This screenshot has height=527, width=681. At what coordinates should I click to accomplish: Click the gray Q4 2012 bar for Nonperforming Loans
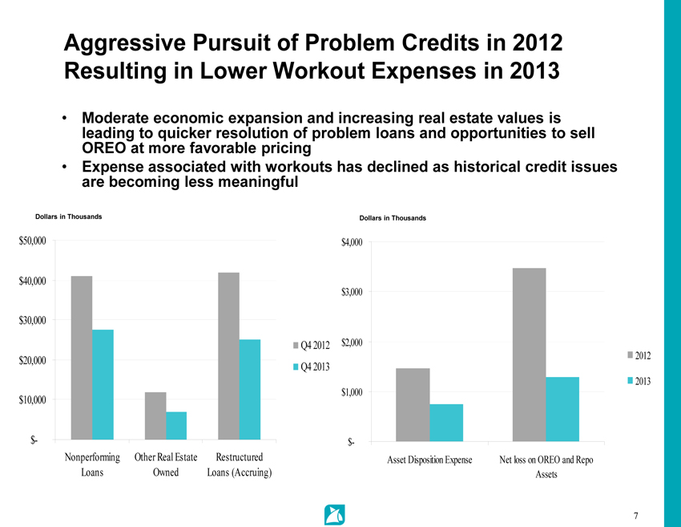pyautogui.click(x=82, y=358)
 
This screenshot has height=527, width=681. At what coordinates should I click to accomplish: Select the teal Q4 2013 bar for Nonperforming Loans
pyautogui.click(x=103, y=385)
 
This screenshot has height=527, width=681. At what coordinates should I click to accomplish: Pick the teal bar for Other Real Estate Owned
pyautogui.click(x=176, y=426)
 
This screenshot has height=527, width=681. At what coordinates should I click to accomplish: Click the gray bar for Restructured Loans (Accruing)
pyautogui.click(x=228, y=356)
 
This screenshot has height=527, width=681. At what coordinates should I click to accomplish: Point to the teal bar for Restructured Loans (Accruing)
pyautogui.click(x=249, y=390)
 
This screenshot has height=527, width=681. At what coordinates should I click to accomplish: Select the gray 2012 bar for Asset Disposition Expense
pyautogui.click(x=413, y=405)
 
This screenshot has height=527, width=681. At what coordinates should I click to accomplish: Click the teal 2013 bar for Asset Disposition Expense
pyautogui.click(x=446, y=423)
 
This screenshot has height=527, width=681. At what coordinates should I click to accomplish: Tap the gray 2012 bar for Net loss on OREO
pyautogui.click(x=529, y=355)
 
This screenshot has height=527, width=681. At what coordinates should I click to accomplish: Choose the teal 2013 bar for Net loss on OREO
pyautogui.click(x=562, y=409)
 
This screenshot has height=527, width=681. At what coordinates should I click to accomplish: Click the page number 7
pyautogui.click(x=635, y=515)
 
